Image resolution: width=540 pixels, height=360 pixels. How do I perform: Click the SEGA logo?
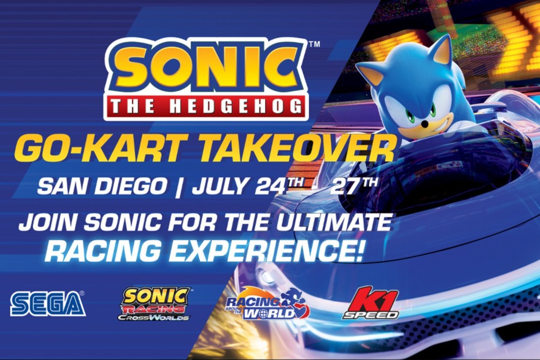pos(48,303)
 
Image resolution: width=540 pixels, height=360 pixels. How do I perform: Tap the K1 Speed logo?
pos(371,303)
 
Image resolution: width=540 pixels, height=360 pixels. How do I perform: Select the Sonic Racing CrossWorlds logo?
pos(155,303)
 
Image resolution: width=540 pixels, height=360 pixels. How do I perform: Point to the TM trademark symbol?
pos(314,44)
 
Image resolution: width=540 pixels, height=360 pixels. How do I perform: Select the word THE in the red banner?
pos(134,107)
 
